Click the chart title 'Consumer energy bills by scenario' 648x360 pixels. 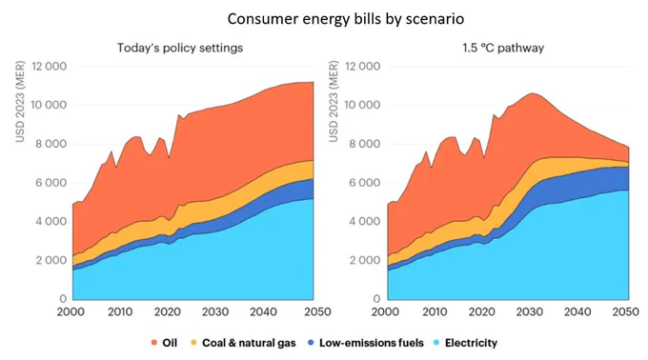coord(346,19)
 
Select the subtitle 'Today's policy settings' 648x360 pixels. coord(180,48)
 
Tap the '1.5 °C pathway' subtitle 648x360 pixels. coord(503,48)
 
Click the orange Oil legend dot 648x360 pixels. coord(154,343)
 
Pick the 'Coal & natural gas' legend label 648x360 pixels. coord(249,343)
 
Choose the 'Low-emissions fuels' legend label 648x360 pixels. coord(372,343)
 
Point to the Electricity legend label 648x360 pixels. coord(471,343)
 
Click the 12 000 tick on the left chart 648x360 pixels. coord(50,67)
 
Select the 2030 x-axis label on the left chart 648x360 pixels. coord(215,311)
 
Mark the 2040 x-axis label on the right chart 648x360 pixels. coord(577,311)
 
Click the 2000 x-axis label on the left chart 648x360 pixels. coord(71,311)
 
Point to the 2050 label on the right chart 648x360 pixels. coord(626,311)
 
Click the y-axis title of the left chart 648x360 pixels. coord(20,102)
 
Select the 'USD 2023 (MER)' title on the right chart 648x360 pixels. coord(334,102)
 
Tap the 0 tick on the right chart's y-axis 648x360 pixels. coord(376,298)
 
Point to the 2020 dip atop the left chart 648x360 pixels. coord(169,158)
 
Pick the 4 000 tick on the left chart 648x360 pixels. coord(50,222)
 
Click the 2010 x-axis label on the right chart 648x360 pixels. coord(435,311)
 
